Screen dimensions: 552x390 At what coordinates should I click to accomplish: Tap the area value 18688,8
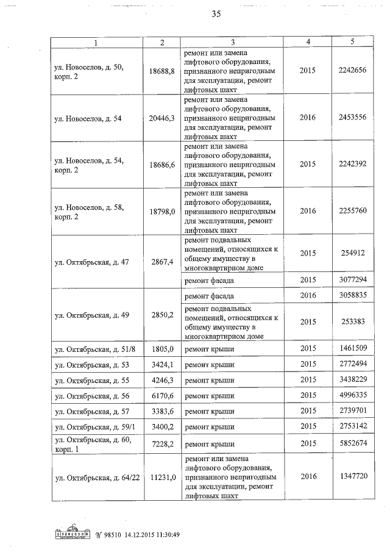coord(162,70)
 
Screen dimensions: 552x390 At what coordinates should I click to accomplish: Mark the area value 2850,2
coord(162,315)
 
